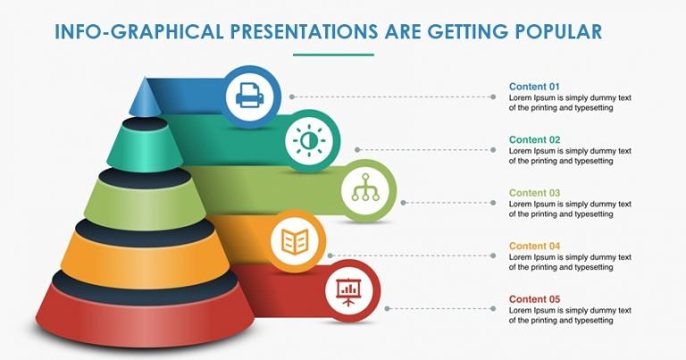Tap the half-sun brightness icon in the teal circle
pyautogui.click(x=306, y=141)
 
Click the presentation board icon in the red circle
pyautogui.click(x=347, y=289)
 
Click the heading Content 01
pyautogui.click(x=534, y=87)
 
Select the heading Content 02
pyautogui.click(x=534, y=139)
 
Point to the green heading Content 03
pyautogui.click(x=534, y=192)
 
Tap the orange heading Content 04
pyautogui.click(x=534, y=246)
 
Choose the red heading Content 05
pyautogui.click(x=534, y=298)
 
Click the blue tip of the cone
pyautogui.click(x=142, y=96)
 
